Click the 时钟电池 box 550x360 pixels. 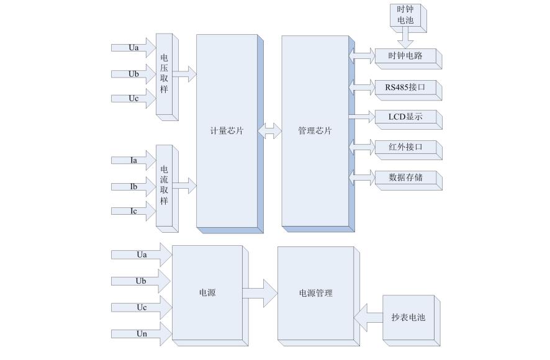[404, 16]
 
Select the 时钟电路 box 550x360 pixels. [405, 56]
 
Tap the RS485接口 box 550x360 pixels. [405, 87]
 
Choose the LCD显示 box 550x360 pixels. [405, 117]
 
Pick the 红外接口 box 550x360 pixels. [405, 148]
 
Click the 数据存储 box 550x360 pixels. [405, 178]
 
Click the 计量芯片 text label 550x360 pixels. [227, 131]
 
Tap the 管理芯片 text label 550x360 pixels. [315, 131]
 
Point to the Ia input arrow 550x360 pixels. [133, 160]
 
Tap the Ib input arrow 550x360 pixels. [133, 186]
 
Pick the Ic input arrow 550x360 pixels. [133, 211]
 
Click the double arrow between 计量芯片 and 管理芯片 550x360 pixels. [270, 131]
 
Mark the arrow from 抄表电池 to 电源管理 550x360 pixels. [368, 317]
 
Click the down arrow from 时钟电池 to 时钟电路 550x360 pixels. [405, 37]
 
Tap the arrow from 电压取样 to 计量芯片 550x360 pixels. [184, 74]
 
